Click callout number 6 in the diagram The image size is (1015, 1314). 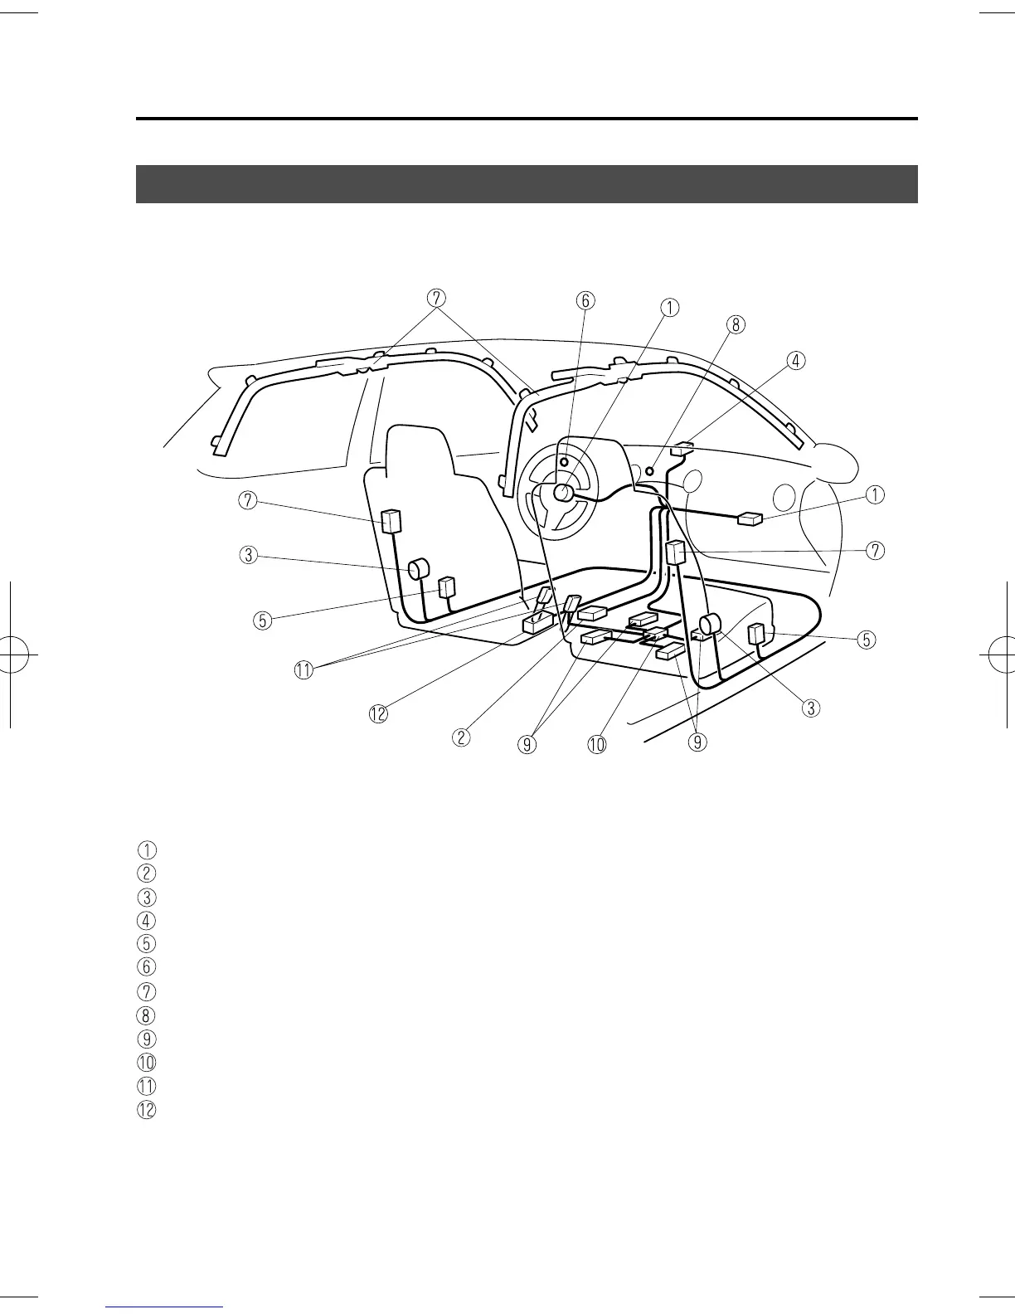[x=585, y=300]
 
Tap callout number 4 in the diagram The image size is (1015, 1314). [x=795, y=361]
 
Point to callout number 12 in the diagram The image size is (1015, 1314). [x=378, y=713]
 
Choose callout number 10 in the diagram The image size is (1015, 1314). [x=597, y=745]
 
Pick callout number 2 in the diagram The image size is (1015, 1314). [x=462, y=736]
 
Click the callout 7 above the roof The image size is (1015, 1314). [x=437, y=297]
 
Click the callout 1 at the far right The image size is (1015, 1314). [x=875, y=495]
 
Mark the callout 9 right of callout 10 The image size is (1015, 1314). [x=697, y=742]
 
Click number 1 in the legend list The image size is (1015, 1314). [x=146, y=849]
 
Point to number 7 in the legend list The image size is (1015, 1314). [x=146, y=991]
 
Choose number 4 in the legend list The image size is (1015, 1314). [x=146, y=920]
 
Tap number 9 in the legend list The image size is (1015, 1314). [x=146, y=1039]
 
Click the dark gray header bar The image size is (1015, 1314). [x=527, y=184]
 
